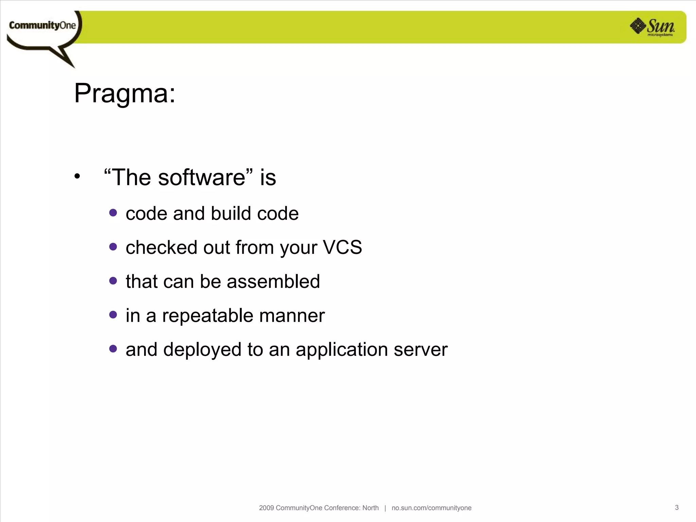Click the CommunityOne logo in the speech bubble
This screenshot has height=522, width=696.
pos(42,25)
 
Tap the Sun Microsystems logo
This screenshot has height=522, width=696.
pos(653,27)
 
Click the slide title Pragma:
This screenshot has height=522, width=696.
pos(125,93)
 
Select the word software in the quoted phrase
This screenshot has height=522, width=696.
pos(202,177)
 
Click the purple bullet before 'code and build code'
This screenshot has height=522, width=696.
pos(113,213)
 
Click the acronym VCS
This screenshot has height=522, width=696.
pos(342,247)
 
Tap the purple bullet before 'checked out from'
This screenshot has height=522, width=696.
pos(113,247)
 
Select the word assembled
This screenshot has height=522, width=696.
pos(273,281)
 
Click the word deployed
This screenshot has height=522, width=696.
pos(202,350)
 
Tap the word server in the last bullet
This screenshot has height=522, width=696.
pos(420,350)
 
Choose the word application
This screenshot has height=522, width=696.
pos(342,350)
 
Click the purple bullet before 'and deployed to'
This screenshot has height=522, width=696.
pos(113,349)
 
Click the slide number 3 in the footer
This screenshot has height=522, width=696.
pos(677,507)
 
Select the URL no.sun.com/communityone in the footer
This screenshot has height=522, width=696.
pos(431,508)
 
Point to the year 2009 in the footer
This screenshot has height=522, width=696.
pos(266,508)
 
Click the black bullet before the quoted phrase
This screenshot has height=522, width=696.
pos(77,176)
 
